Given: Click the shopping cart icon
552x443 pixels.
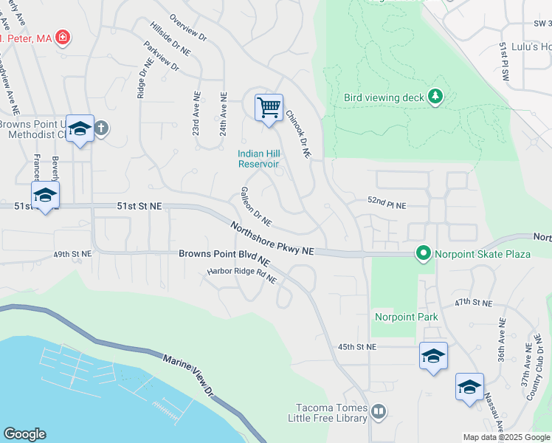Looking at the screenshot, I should (269, 108).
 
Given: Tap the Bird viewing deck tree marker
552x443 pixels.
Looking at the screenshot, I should (435, 97).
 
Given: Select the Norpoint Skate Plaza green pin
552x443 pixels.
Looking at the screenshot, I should (423, 254).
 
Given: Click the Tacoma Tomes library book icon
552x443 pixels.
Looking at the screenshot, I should (378, 411).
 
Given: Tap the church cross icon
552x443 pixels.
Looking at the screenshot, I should (101, 128).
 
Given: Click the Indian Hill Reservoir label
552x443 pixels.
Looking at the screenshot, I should (258, 159).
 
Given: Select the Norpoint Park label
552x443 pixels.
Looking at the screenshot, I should (406, 317).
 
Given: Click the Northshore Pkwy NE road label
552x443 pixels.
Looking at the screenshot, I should (272, 239).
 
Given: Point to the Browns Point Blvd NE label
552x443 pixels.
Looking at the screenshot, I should (224, 258).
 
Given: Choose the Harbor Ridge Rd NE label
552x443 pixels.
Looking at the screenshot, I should (241, 275).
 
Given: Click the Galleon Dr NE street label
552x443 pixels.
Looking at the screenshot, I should (256, 207).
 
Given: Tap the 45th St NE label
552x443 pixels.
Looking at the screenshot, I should (357, 346).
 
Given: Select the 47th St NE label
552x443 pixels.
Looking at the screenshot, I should (472, 303).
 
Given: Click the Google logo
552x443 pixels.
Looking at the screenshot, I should (24, 434).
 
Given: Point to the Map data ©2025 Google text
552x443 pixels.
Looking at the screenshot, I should (506, 437).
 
